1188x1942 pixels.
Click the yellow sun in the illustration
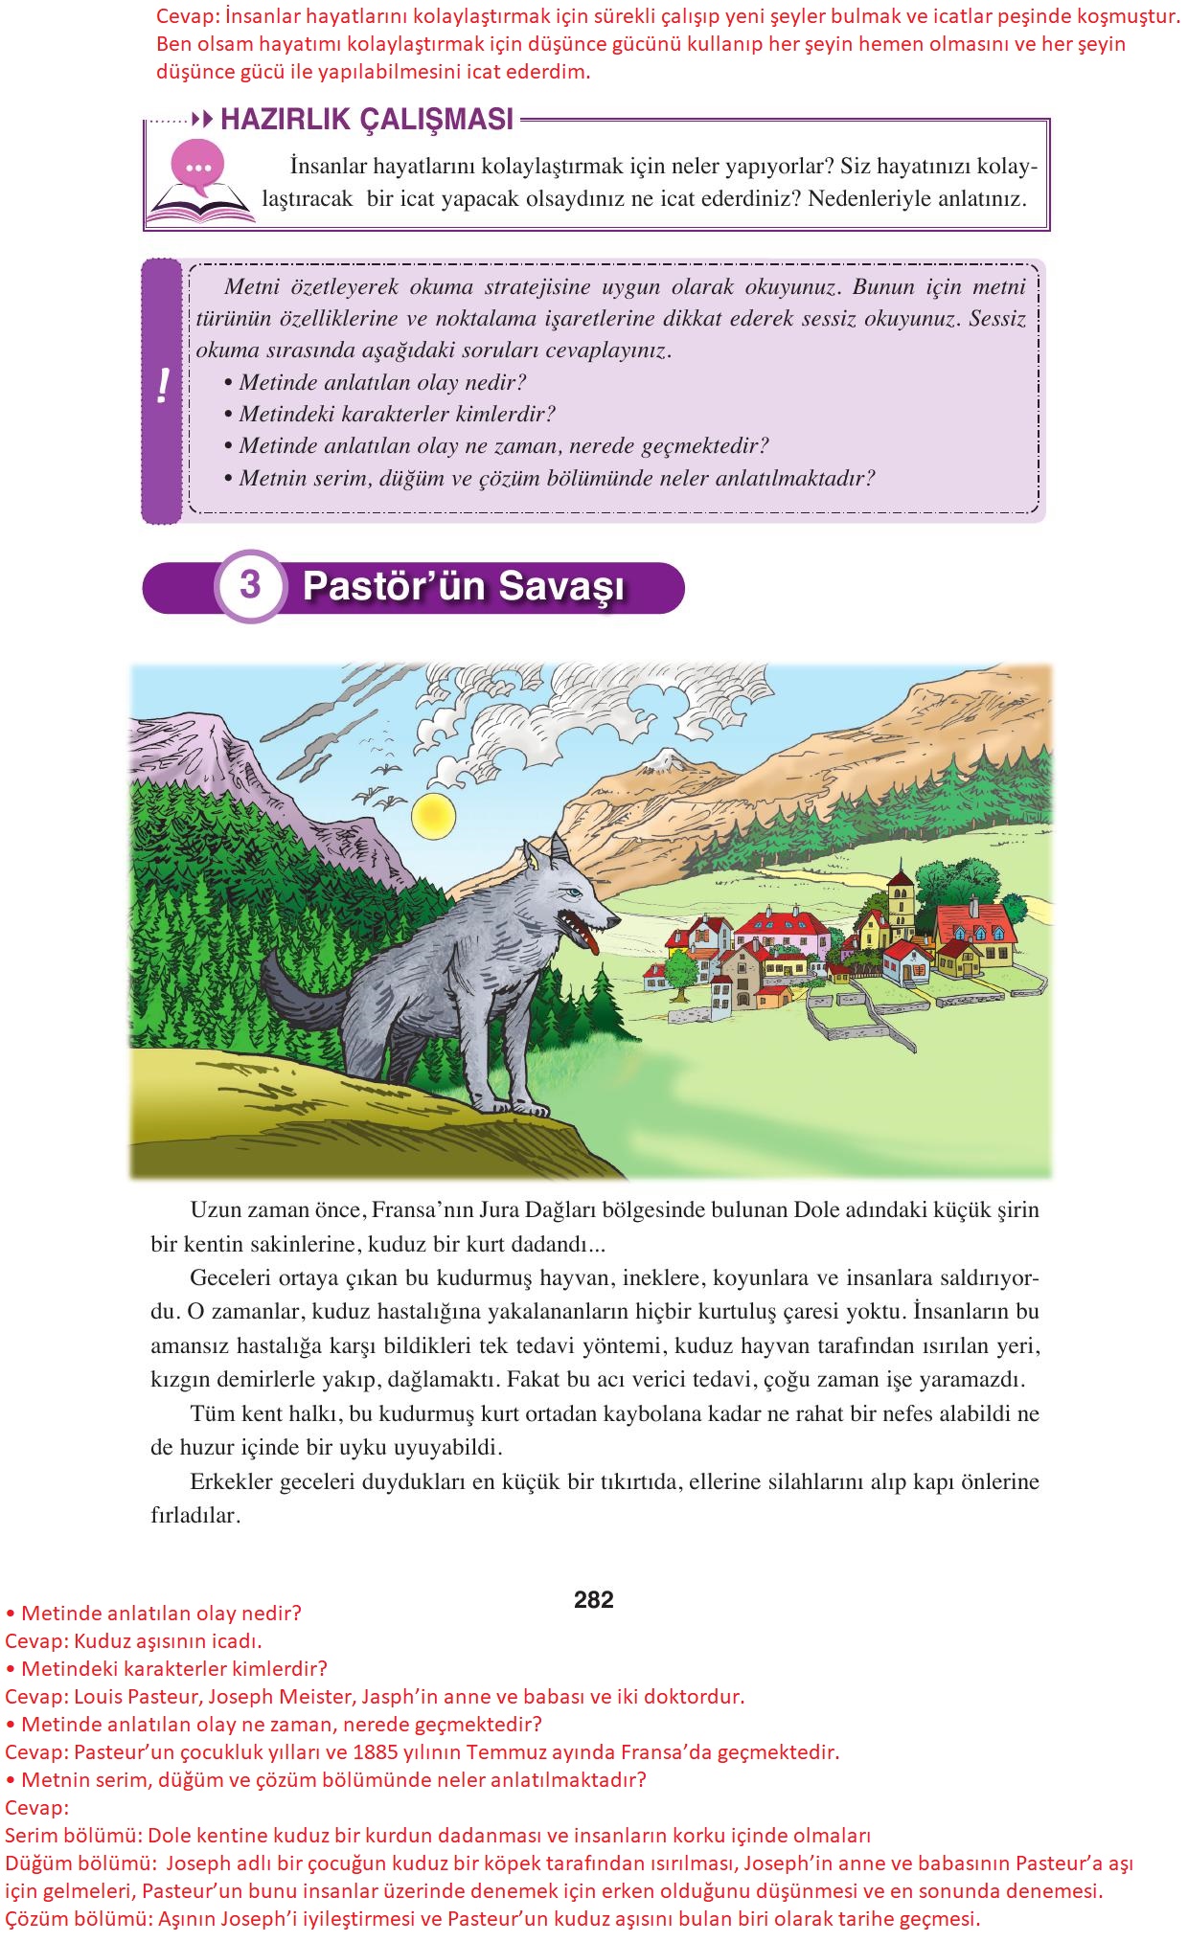pyautogui.click(x=432, y=816)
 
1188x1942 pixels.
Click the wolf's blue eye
pyautogui.click(x=573, y=892)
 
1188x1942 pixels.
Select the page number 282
pyautogui.click(x=593, y=1599)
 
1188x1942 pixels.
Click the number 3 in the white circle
pyautogui.click(x=250, y=585)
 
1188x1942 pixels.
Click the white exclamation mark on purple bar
pyautogui.click(x=162, y=387)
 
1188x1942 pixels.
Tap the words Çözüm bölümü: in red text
pyautogui.click(x=77, y=1918)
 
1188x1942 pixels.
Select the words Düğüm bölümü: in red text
pyautogui.click(x=80, y=1863)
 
